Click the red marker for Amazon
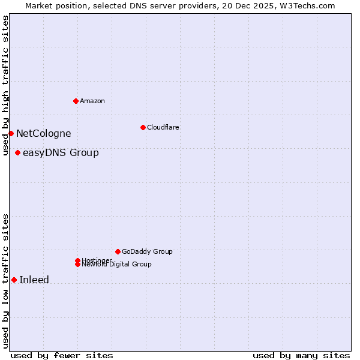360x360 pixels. [76, 101]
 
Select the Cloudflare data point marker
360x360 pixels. [143, 127]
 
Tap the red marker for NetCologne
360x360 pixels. [11, 133]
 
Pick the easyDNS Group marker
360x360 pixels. [17, 152]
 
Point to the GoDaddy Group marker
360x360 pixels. [118, 251]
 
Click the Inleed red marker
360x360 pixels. [14, 280]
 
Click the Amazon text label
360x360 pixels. [92, 101]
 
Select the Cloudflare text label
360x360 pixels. [163, 127]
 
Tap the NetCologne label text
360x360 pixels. [43, 133]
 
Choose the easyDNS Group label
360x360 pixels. [61, 152]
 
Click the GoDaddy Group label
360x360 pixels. [147, 251]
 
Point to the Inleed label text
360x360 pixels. [34, 280]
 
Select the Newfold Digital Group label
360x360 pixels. [117, 265]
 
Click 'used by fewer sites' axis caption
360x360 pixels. [62, 355]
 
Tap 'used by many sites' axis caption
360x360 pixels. [301, 355]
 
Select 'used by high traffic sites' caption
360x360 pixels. [5, 85]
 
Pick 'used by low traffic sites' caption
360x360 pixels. [5, 281]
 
